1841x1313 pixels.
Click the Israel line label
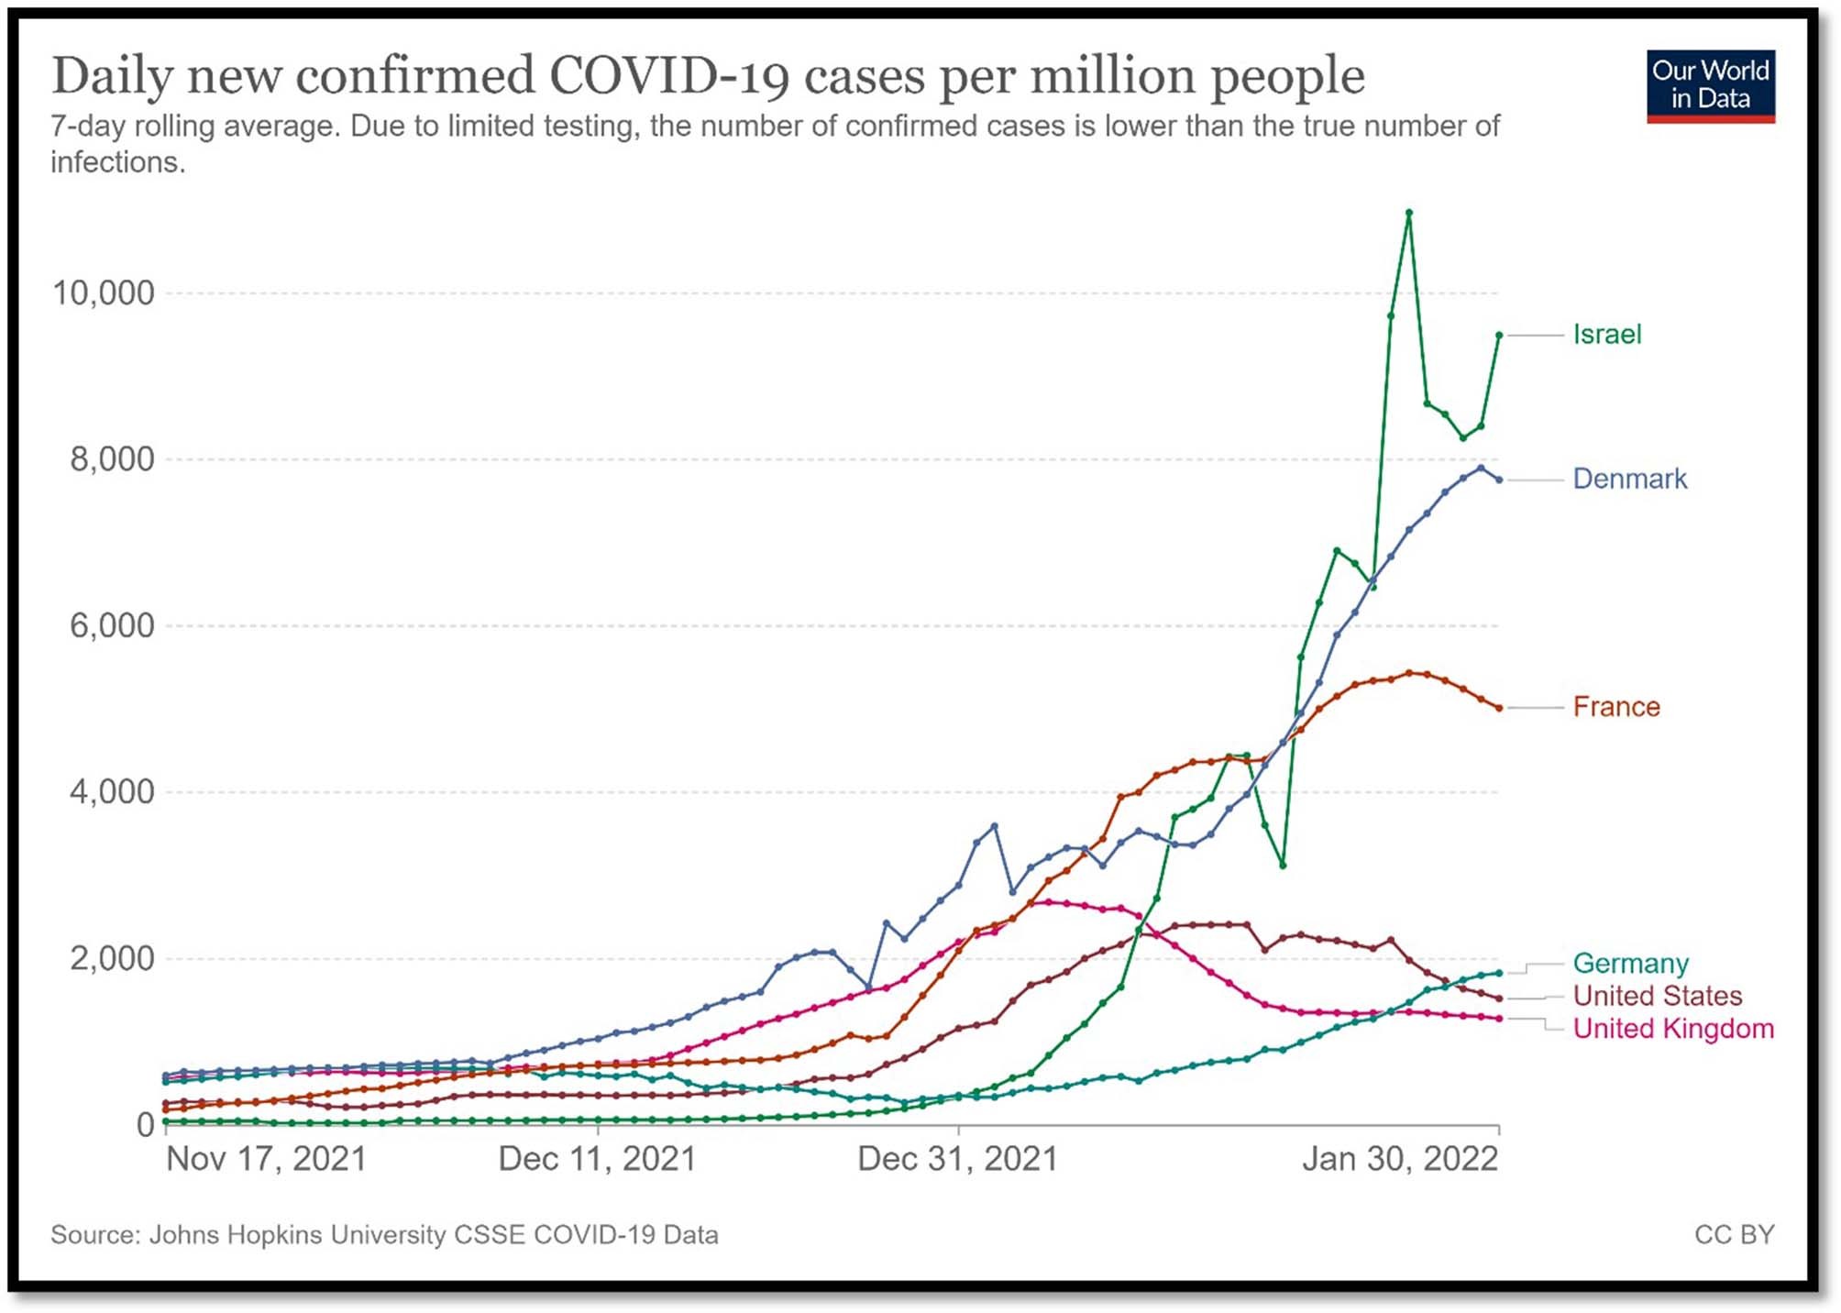[x=1606, y=335]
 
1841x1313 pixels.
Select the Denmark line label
[x=1629, y=479]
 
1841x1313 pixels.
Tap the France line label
[x=1615, y=707]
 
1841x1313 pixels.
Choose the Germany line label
[x=1630, y=964]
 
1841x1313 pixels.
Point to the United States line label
[x=1657, y=996]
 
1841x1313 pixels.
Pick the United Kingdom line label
[x=1673, y=1029]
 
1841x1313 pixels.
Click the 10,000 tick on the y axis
[x=103, y=293]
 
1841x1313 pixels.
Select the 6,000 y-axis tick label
[x=111, y=626]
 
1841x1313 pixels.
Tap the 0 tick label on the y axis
[x=145, y=1125]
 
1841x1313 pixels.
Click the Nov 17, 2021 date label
[x=266, y=1159]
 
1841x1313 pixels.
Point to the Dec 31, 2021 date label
[x=957, y=1159]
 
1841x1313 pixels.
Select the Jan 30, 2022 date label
[x=1399, y=1159]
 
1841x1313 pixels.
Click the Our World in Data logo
[x=1710, y=86]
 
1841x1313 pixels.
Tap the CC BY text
[x=1734, y=1235]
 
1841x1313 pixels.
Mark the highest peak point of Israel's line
[x=1408, y=213]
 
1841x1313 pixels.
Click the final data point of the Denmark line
[x=1499, y=480]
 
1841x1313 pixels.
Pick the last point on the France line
[x=1499, y=708]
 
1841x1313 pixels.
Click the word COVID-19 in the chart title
[x=668, y=75]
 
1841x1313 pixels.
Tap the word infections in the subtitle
[x=116, y=162]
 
